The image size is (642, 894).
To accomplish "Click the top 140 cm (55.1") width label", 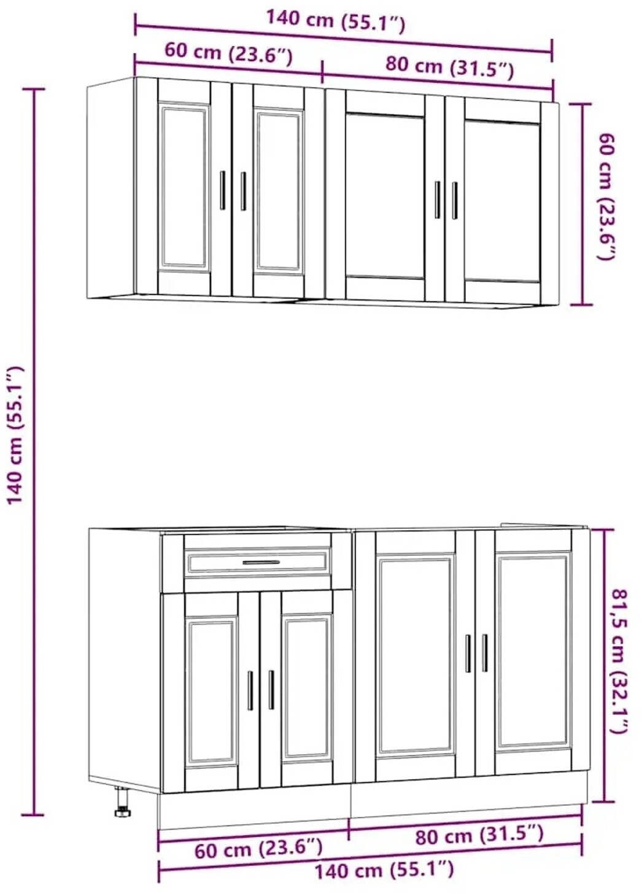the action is click(x=335, y=21).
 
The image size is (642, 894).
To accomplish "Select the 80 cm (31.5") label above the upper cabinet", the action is click(x=449, y=68).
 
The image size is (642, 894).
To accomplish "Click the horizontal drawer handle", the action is click(x=261, y=562).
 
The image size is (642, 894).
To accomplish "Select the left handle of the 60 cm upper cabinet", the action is click(x=223, y=190).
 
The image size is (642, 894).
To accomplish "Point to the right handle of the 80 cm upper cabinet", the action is click(x=455, y=201).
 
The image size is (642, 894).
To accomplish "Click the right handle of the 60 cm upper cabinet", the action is click(x=243, y=191).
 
